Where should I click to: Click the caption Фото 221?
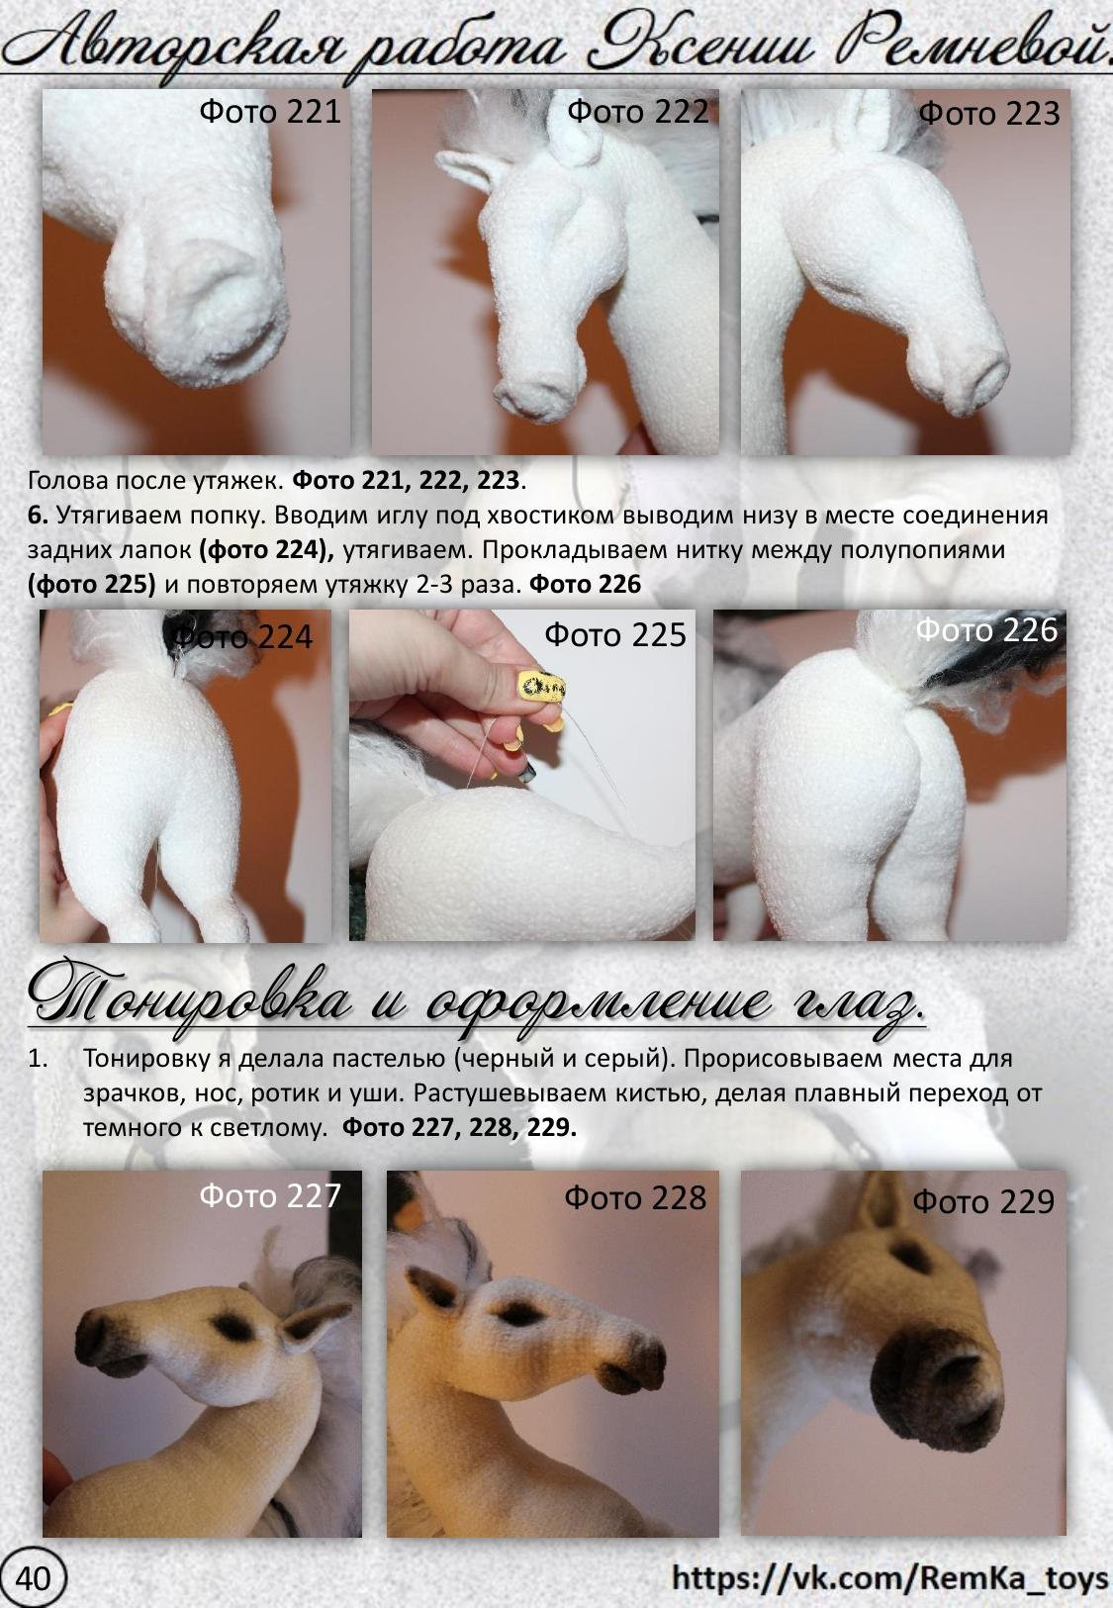click(x=270, y=112)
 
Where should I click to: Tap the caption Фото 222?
click(x=637, y=112)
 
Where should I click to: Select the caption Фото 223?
click(x=989, y=114)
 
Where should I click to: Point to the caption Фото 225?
click(x=615, y=635)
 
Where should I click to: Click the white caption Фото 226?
click(x=986, y=630)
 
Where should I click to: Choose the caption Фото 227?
click(x=270, y=1196)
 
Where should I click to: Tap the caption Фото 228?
click(x=635, y=1197)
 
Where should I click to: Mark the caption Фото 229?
click(x=983, y=1201)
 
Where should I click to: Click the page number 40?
click(x=33, y=1578)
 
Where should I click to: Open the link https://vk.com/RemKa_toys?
click(x=889, y=1577)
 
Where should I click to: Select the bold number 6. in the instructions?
click(x=38, y=516)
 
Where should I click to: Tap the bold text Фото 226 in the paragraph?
click(x=585, y=585)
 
